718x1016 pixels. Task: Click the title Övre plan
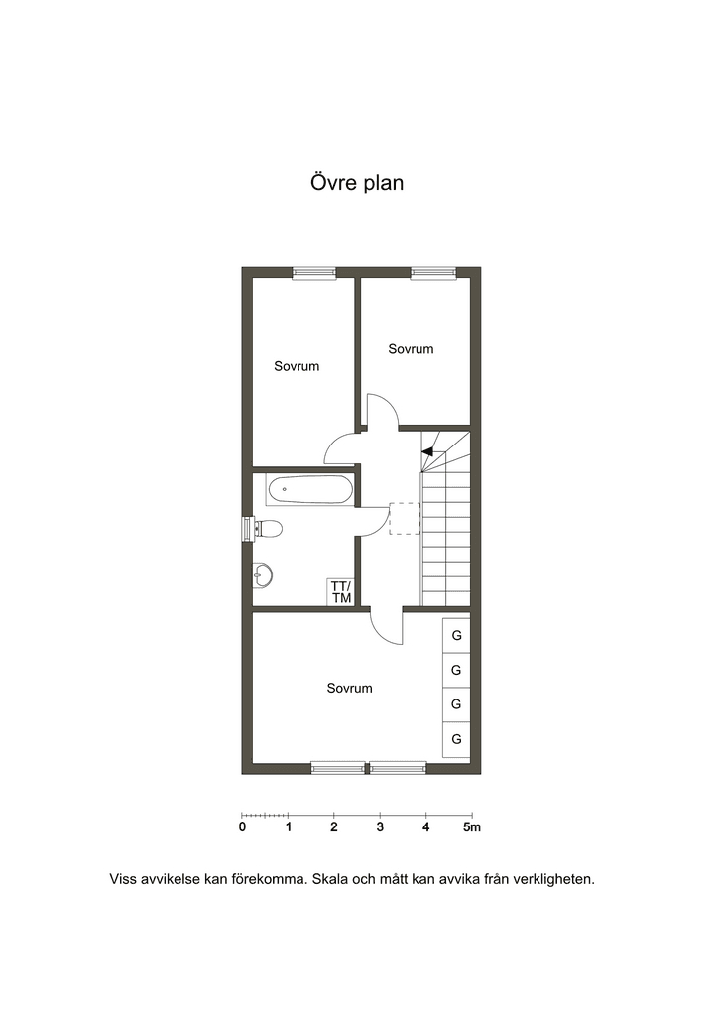tap(357, 183)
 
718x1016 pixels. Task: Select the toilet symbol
tap(268, 529)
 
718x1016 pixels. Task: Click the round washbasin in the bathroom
tap(262, 574)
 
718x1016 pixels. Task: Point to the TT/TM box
tap(341, 591)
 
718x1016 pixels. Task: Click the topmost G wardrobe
tap(456, 636)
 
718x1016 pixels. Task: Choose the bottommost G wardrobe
tap(456, 739)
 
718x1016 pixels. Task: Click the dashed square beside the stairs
tap(405, 518)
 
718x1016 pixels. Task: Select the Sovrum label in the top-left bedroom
tap(297, 367)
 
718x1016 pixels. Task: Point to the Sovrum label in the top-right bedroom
tap(411, 349)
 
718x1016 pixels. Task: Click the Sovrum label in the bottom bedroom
tap(350, 689)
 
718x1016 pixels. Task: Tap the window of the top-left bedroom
tap(314, 273)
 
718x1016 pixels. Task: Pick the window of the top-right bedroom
tap(433, 273)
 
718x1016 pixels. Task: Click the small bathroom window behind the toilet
tap(247, 529)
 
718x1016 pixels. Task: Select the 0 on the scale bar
tap(242, 827)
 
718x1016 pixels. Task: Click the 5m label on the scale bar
tap(472, 827)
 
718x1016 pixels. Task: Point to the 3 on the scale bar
tap(380, 827)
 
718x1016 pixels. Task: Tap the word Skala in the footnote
tap(329, 880)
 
